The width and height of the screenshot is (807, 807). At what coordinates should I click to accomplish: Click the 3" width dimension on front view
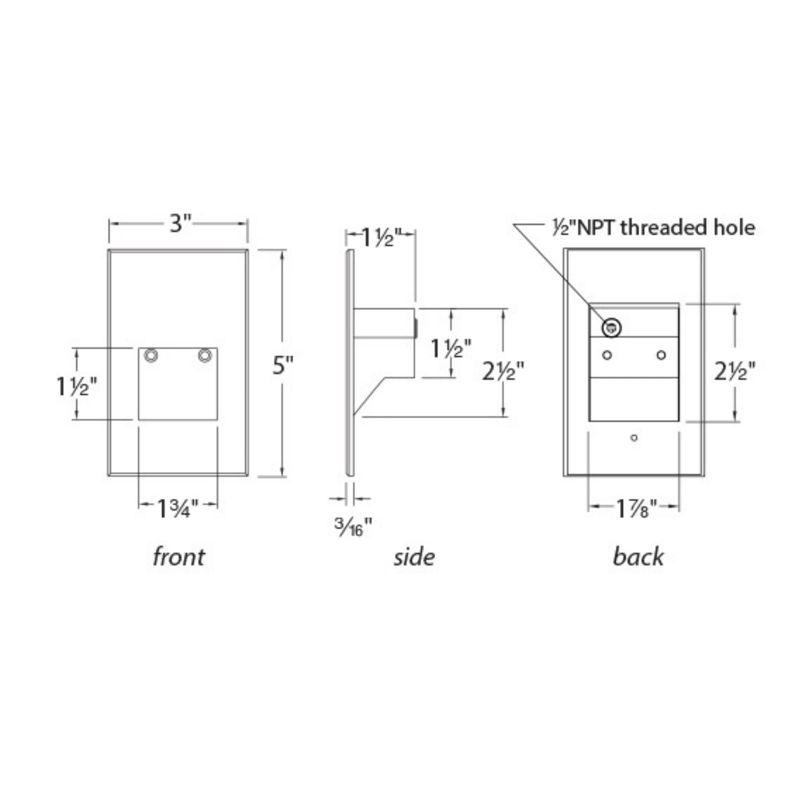pyautogui.click(x=180, y=224)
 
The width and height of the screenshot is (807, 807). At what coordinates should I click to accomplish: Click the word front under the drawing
pyautogui.click(x=179, y=557)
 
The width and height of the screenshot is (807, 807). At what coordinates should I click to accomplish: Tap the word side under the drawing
pyautogui.click(x=414, y=557)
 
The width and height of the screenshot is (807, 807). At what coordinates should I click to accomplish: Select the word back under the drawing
pyautogui.click(x=638, y=557)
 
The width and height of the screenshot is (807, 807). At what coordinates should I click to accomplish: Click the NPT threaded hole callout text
pyautogui.click(x=654, y=228)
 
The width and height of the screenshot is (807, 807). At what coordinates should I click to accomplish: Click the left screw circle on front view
pyautogui.click(x=151, y=355)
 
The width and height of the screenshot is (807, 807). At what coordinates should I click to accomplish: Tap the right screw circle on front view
pyautogui.click(x=205, y=355)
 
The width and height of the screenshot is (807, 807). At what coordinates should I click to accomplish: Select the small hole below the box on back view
pyautogui.click(x=634, y=438)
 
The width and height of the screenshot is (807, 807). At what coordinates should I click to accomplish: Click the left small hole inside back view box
pyautogui.click(x=607, y=355)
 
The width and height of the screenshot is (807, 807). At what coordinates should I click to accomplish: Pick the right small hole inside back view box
pyautogui.click(x=661, y=355)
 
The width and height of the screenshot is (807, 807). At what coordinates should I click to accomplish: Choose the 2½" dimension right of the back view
pyautogui.click(x=734, y=371)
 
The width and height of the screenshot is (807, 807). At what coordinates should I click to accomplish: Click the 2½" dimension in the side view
pyautogui.click(x=503, y=371)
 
